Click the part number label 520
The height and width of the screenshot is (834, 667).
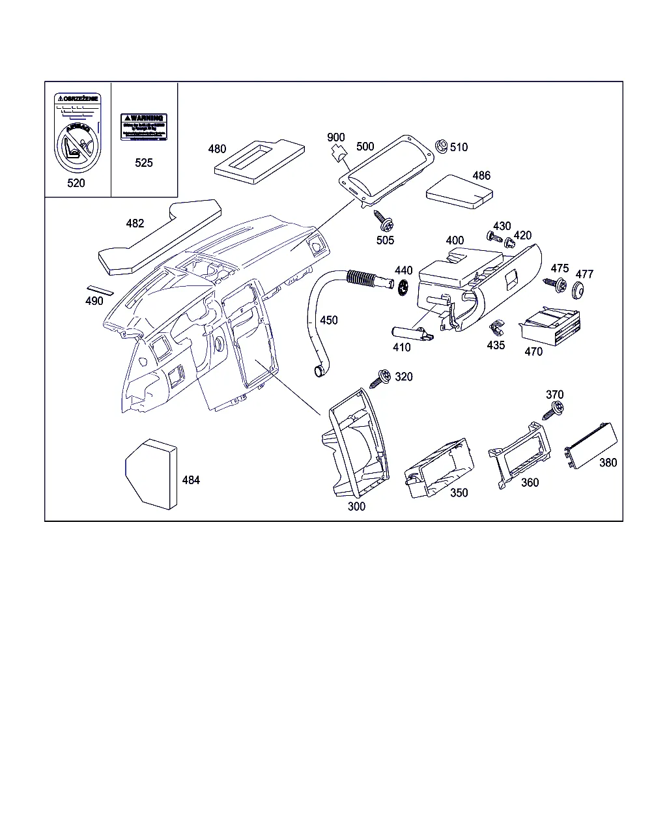pos(76,183)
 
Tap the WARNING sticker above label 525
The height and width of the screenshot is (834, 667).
pos(144,126)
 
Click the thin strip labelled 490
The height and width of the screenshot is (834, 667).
pos(100,289)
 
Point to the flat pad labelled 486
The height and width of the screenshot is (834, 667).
pos(460,191)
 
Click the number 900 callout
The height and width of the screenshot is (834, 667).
pos(336,137)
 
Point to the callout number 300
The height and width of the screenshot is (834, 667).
pos(357,506)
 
